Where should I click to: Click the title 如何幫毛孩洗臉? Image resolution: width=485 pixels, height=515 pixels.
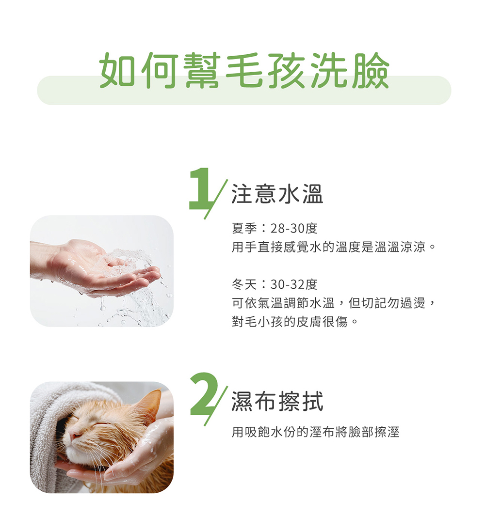coord(244,70)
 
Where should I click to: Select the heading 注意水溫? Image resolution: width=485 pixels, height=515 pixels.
coord(277,194)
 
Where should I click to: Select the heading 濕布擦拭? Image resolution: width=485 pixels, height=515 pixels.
coord(277,401)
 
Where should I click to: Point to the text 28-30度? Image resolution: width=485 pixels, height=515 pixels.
coord(293,228)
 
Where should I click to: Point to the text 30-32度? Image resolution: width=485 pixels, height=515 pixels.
coord(293,284)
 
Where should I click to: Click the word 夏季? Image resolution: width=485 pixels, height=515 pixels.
coord(244,228)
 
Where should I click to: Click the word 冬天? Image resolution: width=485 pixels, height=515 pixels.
coord(244,284)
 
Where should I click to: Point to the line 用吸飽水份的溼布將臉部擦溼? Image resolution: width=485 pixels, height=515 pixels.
coord(315,432)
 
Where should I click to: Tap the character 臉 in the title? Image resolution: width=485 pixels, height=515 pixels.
coord(370,70)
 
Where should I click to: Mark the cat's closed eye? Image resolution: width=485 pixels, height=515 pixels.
coord(102,425)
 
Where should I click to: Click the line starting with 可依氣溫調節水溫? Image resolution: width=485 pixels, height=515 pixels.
coord(334,303)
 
